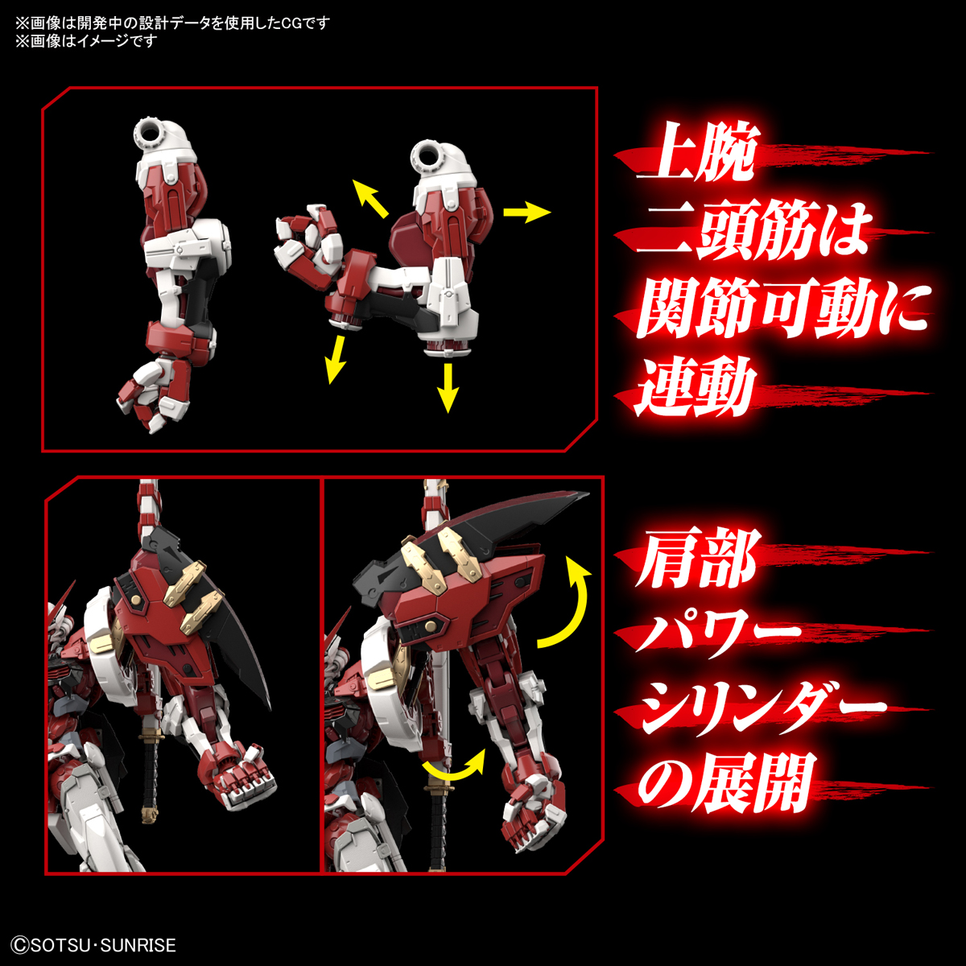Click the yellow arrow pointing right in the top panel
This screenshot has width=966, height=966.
click(526, 213)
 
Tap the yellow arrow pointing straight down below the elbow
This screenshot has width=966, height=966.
click(448, 387)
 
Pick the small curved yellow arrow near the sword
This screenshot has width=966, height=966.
click(456, 766)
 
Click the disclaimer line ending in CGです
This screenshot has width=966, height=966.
click(172, 23)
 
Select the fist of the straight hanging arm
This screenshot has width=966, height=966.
click(152, 395)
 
